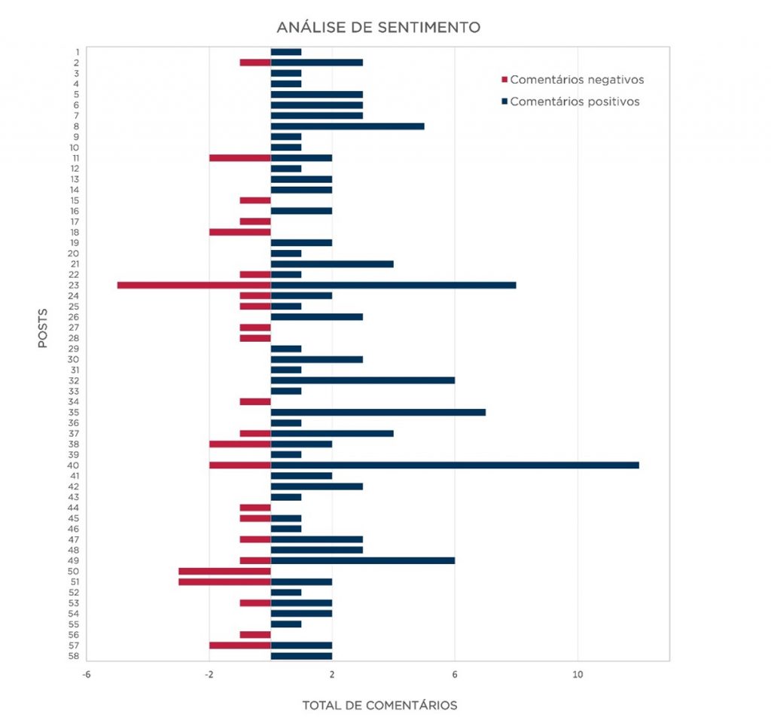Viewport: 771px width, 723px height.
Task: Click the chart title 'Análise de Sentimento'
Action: (x=379, y=27)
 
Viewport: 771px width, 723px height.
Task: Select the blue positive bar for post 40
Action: (x=455, y=465)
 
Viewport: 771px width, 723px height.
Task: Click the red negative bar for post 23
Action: (x=194, y=285)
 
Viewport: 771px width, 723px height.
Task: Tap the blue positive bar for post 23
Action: (x=393, y=285)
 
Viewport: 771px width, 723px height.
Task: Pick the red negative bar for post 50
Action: (x=224, y=572)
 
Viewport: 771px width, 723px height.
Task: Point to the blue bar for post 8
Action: (x=348, y=127)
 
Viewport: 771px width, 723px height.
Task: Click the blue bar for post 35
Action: (x=378, y=412)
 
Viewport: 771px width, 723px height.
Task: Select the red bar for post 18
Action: (x=240, y=232)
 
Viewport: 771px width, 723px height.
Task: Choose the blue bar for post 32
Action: (x=363, y=380)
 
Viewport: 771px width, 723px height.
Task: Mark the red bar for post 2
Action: (x=255, y=63)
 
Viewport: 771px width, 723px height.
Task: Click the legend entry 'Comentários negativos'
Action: (x=573, y=80)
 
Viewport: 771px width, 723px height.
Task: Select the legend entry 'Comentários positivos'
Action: (x=571, y=102)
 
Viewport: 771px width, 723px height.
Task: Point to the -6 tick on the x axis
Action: (x=87, y=674)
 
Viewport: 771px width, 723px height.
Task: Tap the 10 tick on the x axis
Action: (x=577, y=674)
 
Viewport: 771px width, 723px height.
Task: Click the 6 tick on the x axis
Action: (x=455, y=674)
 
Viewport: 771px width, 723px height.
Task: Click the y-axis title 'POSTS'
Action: (x=43, y=328)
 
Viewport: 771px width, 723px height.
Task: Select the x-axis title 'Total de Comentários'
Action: (x=379, y=705)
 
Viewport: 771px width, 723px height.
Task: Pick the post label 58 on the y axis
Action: (x=74, y=656)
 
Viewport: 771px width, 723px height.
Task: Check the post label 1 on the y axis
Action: (x=78, y=52)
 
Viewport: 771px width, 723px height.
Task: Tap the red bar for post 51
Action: (x=224, y=582)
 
